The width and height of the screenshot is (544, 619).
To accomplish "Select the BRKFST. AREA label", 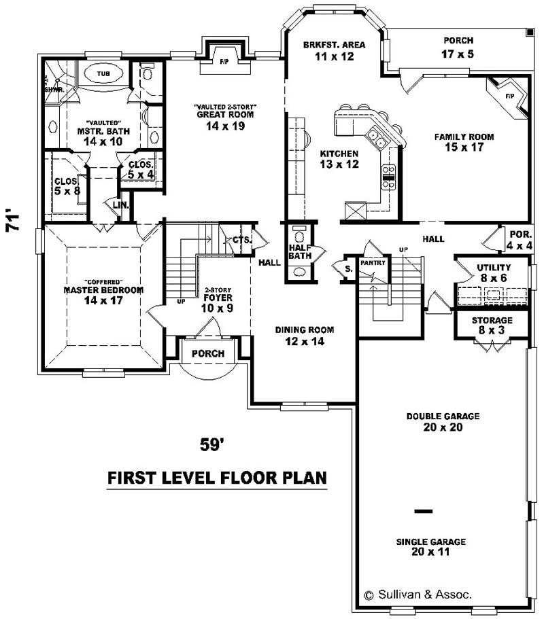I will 334,45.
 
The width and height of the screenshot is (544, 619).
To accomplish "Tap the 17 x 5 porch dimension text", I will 458,54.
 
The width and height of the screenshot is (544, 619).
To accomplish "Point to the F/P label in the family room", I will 510,96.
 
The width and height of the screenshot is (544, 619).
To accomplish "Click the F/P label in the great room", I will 224,62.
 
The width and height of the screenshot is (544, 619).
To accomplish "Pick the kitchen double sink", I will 375,139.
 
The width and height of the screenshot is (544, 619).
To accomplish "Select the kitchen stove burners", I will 388,177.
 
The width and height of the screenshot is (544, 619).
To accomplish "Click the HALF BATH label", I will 300,251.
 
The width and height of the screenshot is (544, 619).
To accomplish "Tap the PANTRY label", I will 373,262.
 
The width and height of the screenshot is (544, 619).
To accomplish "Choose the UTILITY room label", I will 493,268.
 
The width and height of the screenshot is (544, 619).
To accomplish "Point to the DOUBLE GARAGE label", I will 443,417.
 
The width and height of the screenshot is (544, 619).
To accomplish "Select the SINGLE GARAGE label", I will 431,542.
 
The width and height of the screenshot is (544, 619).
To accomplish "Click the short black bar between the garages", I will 423,510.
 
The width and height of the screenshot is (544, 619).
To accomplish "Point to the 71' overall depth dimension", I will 14,220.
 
